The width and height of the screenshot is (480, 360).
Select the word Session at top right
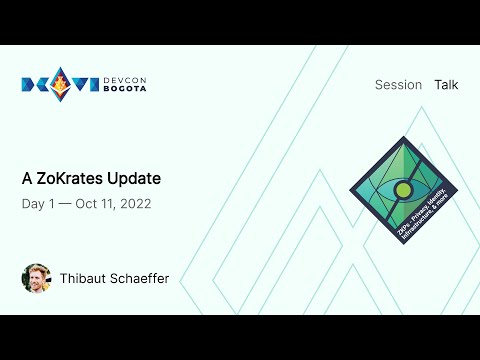click(398, 85)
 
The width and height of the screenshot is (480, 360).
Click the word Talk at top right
click(446, 85)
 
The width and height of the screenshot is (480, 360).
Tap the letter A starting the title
click(28, 179)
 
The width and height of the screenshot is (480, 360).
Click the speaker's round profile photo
click(36, 278)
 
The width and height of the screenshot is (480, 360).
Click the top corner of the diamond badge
click(404, 138)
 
